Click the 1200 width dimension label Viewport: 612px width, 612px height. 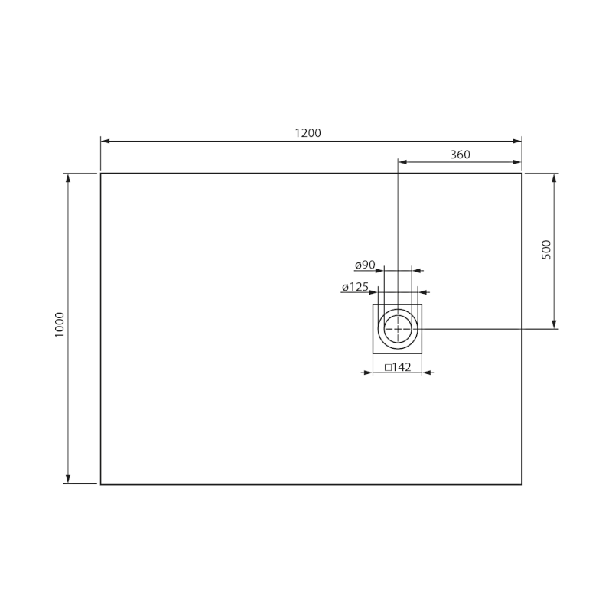[308, 133]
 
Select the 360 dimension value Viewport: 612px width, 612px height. [461, 155]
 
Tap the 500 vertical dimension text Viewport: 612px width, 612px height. [546, 250]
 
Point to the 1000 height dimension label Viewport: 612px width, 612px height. [60, 324]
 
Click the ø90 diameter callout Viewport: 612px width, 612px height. [365, 265]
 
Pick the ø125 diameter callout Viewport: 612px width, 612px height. [355, 288]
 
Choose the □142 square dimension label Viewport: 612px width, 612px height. [398, 367]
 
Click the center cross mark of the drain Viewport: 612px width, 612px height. [398, 329]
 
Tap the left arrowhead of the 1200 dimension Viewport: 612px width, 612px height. [105, 141]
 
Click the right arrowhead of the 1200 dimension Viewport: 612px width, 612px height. [518, 141]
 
